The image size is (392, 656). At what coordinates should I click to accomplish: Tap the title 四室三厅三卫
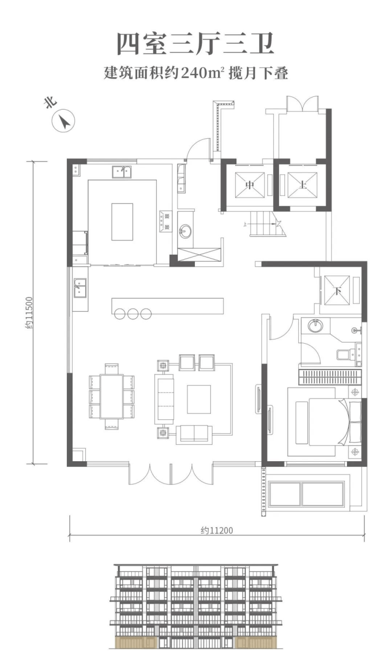[x=195, y=44]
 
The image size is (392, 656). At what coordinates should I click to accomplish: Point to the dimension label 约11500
[x=29, y=313]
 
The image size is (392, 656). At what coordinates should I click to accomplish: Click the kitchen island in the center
[x=122, y=222]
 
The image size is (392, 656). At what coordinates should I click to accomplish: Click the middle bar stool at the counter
[x=133, y=313]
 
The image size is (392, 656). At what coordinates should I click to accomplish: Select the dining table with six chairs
[x=112, y=397]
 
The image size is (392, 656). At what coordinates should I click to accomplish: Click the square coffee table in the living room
[x=199, y=399]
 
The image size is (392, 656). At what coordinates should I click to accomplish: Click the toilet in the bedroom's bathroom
[x=343, y=354]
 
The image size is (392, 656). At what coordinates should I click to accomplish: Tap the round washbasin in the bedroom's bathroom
[x=315, y=326]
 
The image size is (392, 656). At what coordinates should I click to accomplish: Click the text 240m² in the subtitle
[x=203, y=73]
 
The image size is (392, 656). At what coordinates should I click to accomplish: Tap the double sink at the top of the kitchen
[x=122, y=172]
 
